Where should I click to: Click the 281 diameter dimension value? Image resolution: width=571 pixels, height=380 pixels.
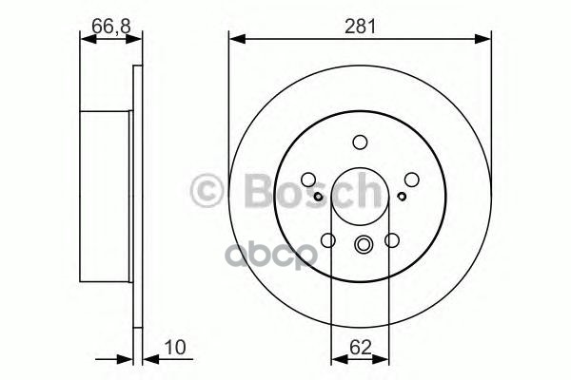click(x=359, y=27)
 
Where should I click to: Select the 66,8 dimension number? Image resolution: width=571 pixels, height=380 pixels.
click(x=110, y=27)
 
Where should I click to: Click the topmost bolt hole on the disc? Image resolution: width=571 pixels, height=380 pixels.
click(x=360, y=142)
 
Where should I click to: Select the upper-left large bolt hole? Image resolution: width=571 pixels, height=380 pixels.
click(x=308, y=179)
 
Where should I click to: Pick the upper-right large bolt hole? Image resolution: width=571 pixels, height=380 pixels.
click(x=411, y=179)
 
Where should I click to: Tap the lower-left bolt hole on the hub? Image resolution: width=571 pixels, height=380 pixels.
click(x=328, y=240)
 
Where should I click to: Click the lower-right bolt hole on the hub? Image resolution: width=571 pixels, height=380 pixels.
click(x=391, y=240)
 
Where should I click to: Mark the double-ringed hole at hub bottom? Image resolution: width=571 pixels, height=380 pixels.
click(x=360, y=246)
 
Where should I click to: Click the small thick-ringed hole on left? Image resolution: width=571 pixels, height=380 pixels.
click(x=317, y=197)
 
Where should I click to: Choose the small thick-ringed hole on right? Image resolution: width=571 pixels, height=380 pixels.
click(x=403, y=197)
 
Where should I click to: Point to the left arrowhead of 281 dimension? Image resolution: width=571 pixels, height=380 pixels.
click(x=234, y=39)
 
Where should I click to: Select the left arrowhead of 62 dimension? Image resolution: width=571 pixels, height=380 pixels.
click(x=335, y=360)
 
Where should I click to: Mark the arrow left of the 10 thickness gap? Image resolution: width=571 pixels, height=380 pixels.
click(x=125, y=360)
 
